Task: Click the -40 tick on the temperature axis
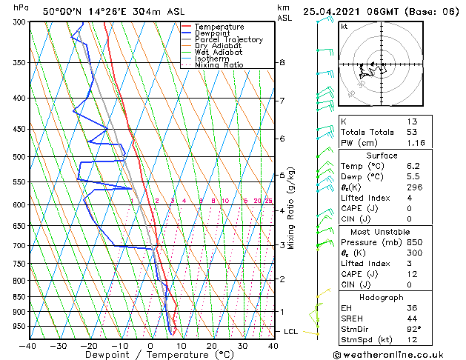pos(28,345)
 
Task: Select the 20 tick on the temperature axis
pos(212,345)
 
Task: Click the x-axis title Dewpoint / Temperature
pos(151,355)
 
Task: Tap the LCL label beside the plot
pos(291,331)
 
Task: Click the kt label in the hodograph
pos(344,26)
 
